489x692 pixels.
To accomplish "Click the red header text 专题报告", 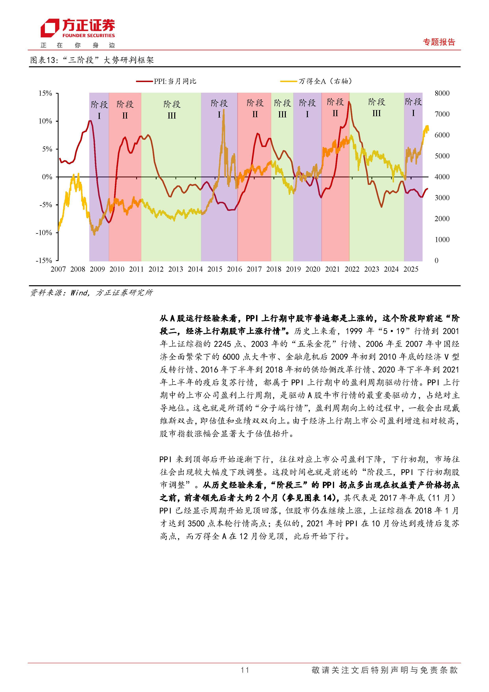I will [439, 42].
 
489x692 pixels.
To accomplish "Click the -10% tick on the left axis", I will [44, 233].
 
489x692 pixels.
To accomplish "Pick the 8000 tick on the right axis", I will [442, 94].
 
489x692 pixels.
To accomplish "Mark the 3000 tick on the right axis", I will [442, 198].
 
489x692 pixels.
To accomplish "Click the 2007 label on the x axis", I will [58, 269].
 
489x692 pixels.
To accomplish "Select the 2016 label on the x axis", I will [234, 269].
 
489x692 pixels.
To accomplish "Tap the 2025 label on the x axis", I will [411, 269].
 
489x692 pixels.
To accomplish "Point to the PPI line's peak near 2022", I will [349, 102].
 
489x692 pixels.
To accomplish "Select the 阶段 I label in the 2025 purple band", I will [413, 107].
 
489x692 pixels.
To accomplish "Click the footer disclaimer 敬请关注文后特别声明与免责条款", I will [385, 670].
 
